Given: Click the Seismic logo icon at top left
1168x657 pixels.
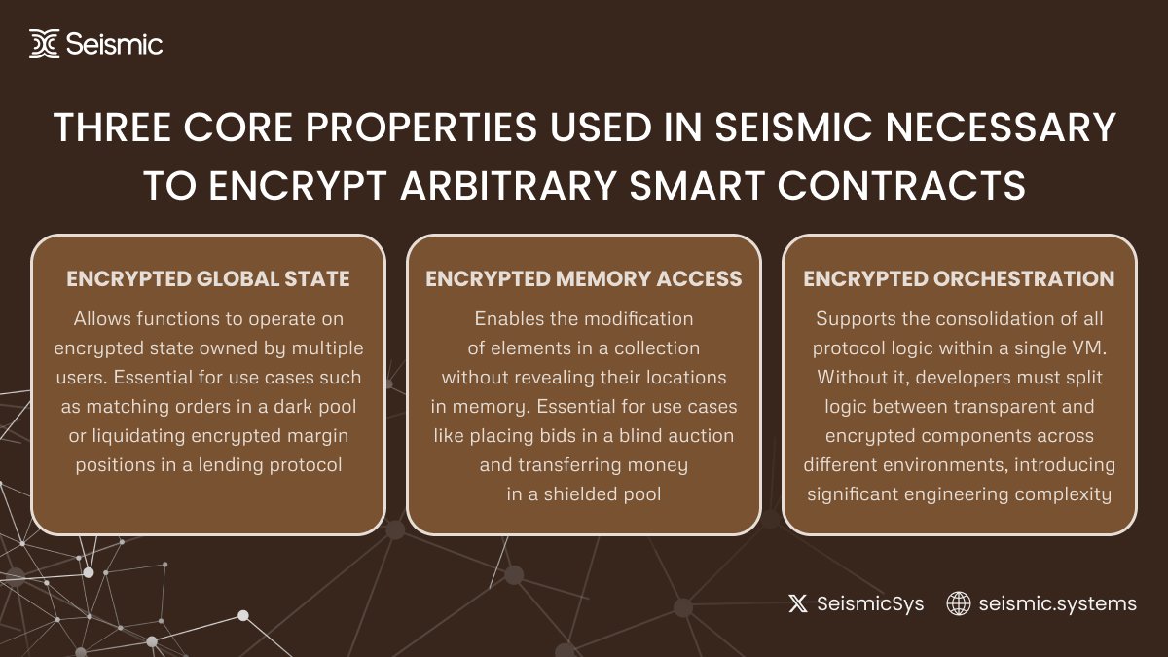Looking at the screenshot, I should (x=45, y=44).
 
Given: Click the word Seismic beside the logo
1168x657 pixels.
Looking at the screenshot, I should (x=115, y=44).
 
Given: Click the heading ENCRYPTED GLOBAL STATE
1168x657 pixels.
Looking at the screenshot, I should (x=208, y=279).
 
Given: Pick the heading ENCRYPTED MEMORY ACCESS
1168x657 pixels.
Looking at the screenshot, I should (x=584, y=279).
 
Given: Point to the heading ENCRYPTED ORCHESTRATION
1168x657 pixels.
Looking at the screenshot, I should (x=959, y=279).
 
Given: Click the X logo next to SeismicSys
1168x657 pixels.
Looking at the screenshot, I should (x=798, y=603).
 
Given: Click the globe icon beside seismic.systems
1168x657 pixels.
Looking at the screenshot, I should (x=959, y=603).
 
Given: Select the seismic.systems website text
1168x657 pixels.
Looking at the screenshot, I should (x=1057, y=603).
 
